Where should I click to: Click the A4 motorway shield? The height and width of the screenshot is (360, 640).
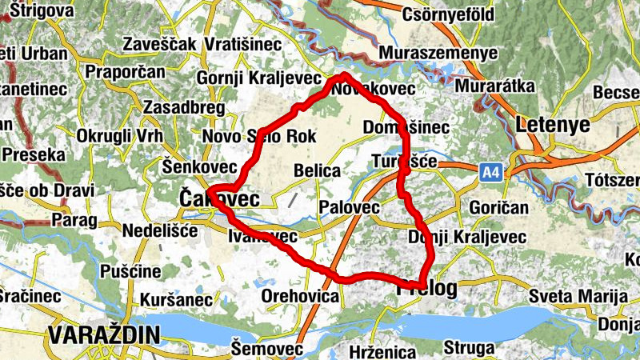491,170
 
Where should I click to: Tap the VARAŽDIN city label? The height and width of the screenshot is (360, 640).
98,334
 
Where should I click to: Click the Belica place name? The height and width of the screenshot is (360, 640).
318,170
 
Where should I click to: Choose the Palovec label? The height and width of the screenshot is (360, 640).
348,207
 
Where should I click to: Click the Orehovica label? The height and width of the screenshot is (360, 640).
301,296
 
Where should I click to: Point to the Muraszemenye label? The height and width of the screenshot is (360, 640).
439,53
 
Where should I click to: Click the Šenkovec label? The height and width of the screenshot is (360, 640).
199,166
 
